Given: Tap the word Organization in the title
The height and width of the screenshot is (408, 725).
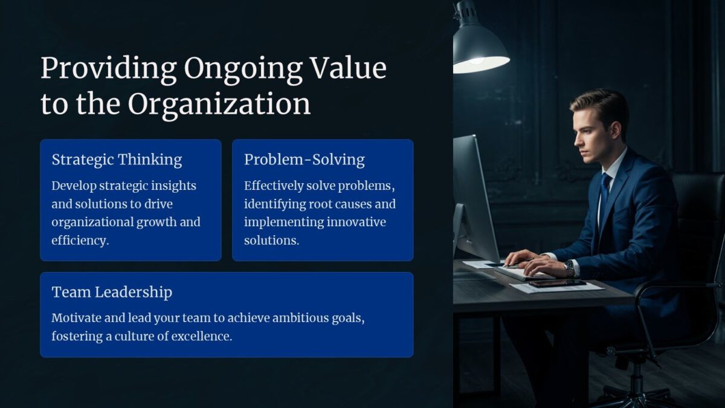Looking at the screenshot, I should (x=219, y=104).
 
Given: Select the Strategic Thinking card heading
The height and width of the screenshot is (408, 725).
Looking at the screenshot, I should (x=117, y=160).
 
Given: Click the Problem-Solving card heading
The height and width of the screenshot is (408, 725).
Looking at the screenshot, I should (x=304, y=160).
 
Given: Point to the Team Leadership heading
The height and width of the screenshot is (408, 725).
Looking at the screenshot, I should (x=112, y=292).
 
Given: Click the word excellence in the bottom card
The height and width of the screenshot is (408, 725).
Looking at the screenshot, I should (x=202, y=337).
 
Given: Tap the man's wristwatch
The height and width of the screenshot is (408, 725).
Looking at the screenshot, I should (x=569, y=268).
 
